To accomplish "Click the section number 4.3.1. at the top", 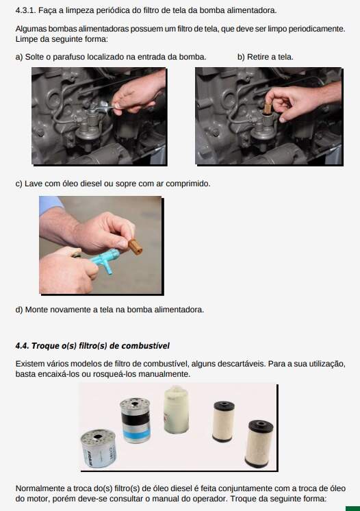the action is click(26, 10).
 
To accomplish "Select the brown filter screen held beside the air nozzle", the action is click(135, 247).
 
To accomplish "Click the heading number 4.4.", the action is click(22, 346).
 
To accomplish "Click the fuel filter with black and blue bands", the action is click(135, 420).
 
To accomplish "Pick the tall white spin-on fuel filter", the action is click(176, 410).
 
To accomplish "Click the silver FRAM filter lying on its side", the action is click(99, 449).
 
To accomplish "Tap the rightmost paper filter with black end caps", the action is click(259, 444).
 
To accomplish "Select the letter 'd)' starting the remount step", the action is click(19, 310).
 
